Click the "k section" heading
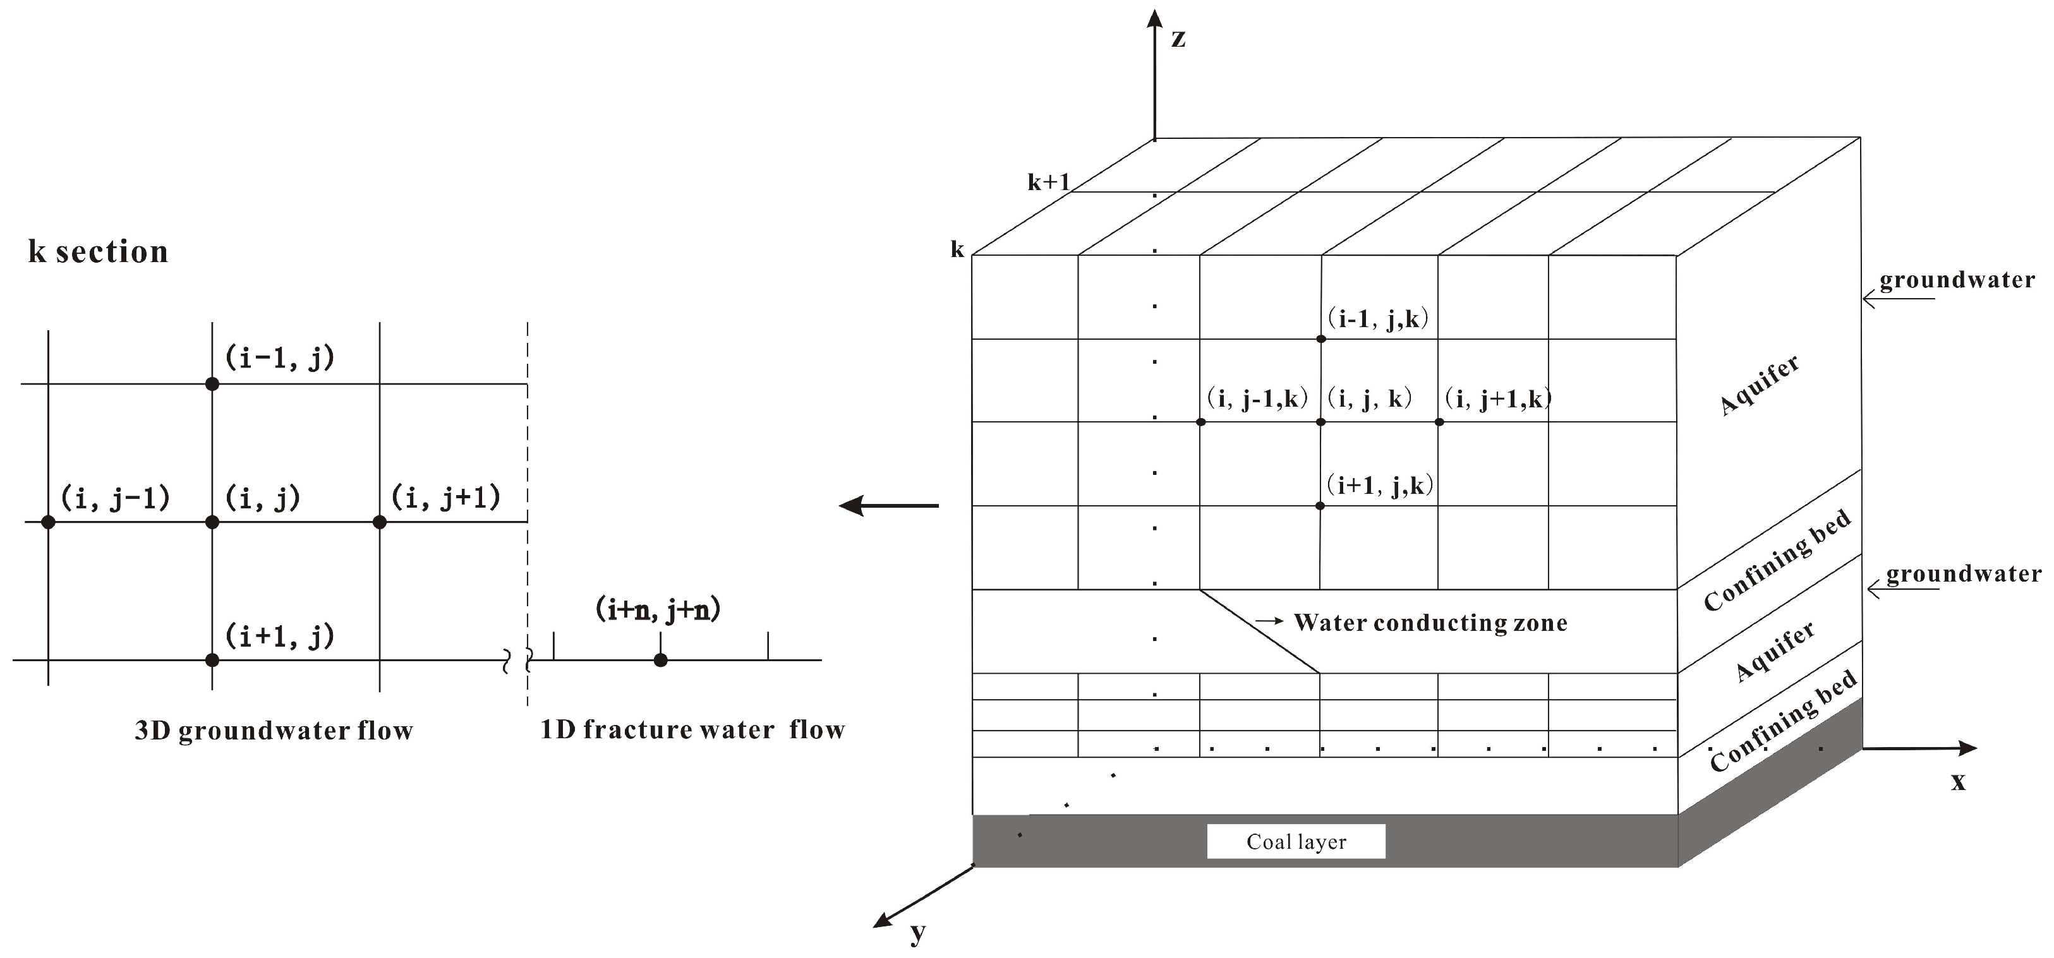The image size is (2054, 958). click(x=98, y=252)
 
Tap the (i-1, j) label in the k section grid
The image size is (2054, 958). click(x=279, y=358)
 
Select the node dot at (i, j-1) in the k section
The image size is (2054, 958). click(x=48, y=522)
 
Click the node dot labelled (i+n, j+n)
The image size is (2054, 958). click(x=660, y=660)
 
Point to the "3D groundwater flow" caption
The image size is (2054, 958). click(x=274, y=731)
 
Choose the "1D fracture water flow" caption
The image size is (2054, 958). click(x=692, y=730)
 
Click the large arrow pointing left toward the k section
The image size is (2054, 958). click(x=888, y=505)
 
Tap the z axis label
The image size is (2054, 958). click(x=1178, y=39)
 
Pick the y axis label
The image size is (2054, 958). click(x=918, y=931)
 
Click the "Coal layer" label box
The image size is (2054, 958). click(x=1296, y=842)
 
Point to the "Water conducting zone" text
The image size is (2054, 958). click(x=1430, y=623)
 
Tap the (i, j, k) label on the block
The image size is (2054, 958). click(x=1369, y=398)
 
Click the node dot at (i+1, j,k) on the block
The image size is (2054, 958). click(x=1320, y=506)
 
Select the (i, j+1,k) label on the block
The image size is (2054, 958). click(x=1498, y=398)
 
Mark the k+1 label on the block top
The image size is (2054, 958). click(x=1048, y=183)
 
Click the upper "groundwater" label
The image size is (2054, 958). click(x=1957, y=280)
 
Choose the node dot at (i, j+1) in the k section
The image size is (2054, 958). click(x=380, y=522)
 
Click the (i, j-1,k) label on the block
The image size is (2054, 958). click(x=1257, y=398)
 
